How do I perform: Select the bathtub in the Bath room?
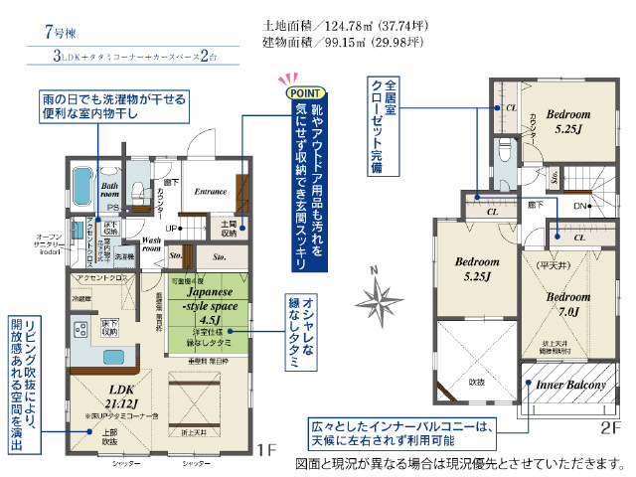[x=80, y=185]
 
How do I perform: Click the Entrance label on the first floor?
[x=212, y=192]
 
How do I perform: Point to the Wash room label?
[x=153, y=244]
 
